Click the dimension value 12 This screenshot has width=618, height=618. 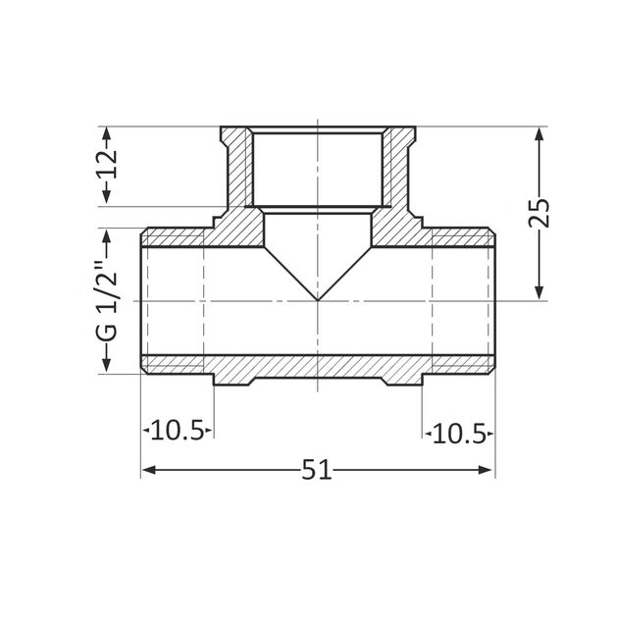pos(108,166)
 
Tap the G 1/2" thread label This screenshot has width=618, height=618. pos(108,300)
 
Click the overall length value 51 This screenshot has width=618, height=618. pos(316,471)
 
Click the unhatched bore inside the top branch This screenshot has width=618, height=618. pos(317,167)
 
